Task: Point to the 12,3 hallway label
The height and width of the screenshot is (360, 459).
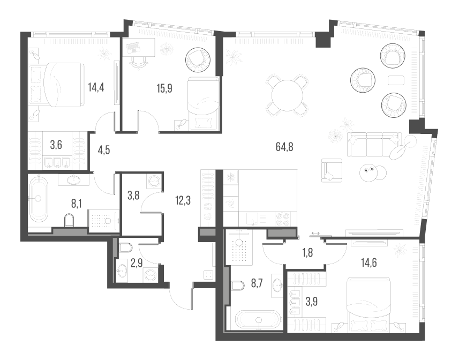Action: click(x=183, y=201)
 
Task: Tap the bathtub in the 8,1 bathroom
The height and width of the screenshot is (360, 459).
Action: click(x=39, y=199)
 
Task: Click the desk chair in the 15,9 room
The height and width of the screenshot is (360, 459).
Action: click(x=139, y=61)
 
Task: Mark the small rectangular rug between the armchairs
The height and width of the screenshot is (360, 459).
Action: click(x=395, y=80)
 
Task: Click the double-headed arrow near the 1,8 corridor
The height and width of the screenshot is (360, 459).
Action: click(x=315, y=233)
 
